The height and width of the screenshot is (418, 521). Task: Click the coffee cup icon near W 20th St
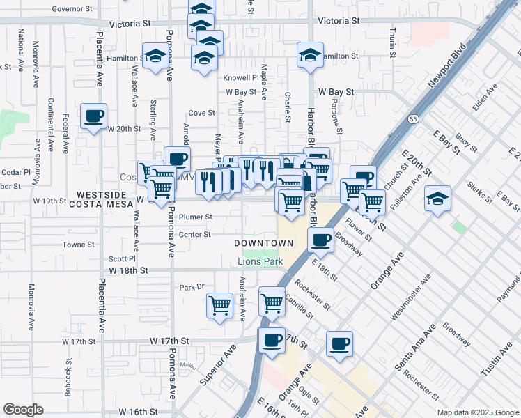pyautogui.click(x=93, y=116)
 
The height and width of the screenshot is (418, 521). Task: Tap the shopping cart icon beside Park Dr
pyautogui.click(x=220, y=304)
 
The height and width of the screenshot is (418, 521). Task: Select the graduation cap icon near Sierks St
pyautogui.click(x=437, y=199)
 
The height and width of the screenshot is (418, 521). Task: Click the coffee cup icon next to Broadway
pyautogui.click(x=320, y=239)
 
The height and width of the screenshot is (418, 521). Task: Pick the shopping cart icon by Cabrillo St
pyautogui.click(x=272, y=301)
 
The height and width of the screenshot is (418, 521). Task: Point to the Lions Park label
pyautogui.click(x=258, y=261)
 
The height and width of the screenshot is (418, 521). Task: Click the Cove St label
pyautogui.click(x=201, y=112)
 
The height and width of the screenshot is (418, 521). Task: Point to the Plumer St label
pyautogui.click(x=195, y=217)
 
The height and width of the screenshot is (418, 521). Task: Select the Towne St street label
pyautogui.click(x=78, y=245)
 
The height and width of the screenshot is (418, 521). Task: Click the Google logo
pyautogui.click(x=23, y=410)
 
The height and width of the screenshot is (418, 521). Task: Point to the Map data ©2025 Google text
pyautogui.click(x=477, y=412)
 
